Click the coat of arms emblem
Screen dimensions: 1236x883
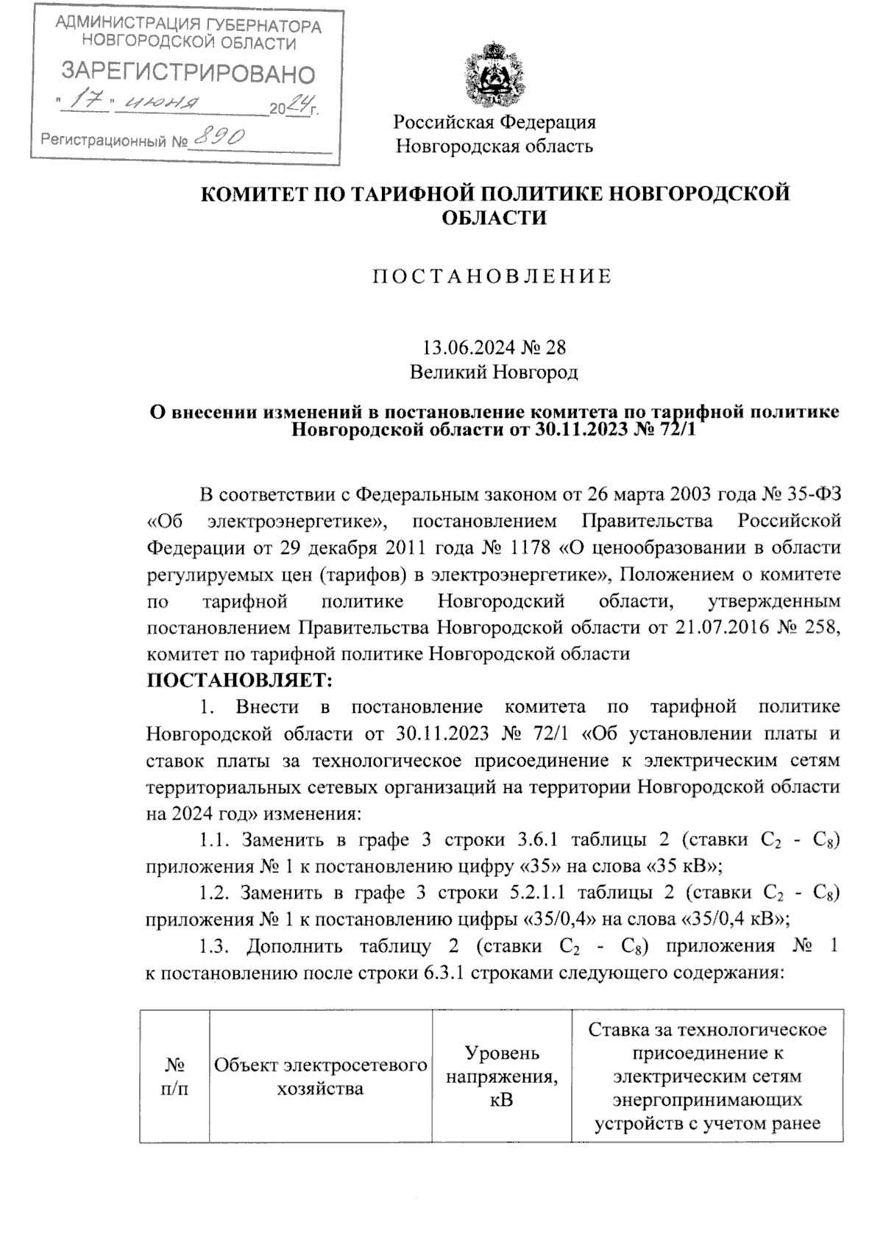494,74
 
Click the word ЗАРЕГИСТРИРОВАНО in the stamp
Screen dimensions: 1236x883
188,73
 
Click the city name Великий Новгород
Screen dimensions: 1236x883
494,372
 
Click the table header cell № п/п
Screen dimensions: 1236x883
174,1077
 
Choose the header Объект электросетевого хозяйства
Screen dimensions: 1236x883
320,1077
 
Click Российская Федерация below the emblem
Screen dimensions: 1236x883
494,121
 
